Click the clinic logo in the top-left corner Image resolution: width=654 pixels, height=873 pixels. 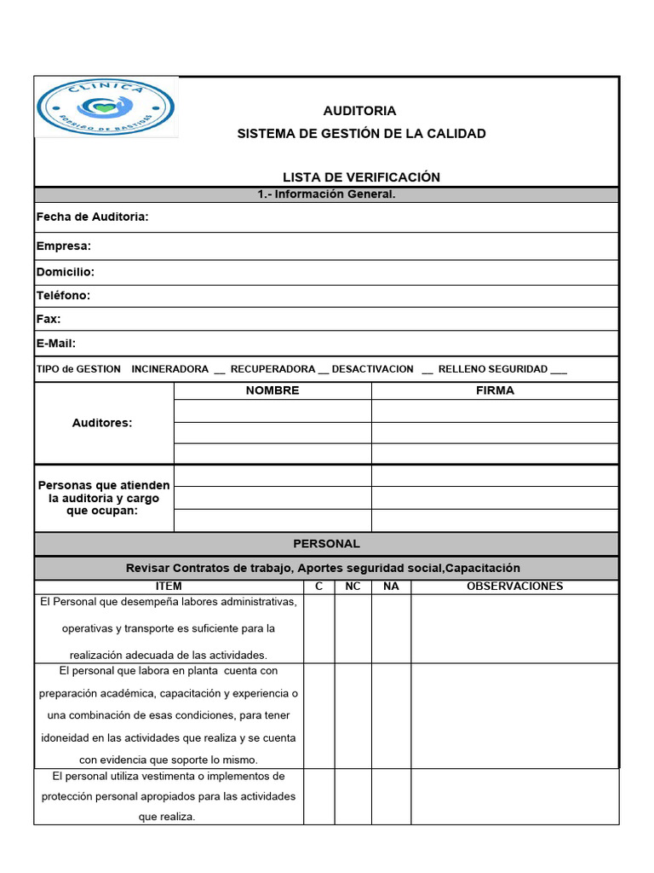point(106,107)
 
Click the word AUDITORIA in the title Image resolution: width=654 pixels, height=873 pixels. point(359,111)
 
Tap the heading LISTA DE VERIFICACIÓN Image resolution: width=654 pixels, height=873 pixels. point(361,177)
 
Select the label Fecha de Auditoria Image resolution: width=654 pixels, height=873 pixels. point(92,217)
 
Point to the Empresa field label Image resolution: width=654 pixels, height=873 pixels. point(63,246)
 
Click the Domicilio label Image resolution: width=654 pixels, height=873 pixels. point(65,272)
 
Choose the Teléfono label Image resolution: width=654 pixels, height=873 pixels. point(63,296)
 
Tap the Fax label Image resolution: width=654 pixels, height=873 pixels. point(49,319)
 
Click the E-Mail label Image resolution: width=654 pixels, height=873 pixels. point(55,344)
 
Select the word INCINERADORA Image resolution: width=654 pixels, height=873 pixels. point(169,369)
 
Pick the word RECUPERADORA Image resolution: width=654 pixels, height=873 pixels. point(272,369)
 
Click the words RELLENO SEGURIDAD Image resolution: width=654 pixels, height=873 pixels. point(492,369)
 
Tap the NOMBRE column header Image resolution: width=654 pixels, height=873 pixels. point(272,390)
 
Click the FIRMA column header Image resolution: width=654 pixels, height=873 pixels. point(495,390)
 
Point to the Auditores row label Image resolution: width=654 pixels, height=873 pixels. point(102,423)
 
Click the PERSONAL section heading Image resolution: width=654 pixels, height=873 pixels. point(326,544)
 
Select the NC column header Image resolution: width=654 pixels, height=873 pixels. point(353,587)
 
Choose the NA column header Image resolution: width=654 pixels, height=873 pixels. point(391,587)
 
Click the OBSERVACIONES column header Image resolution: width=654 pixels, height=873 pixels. point(514,587)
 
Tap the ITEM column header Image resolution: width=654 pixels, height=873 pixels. point(169,587)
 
